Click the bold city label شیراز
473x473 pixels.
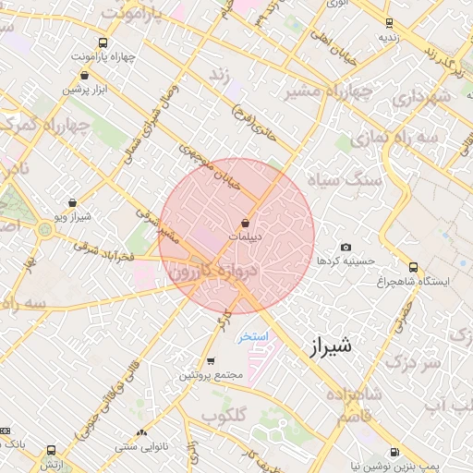click(328, 347)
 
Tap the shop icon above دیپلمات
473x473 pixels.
click(245, 222)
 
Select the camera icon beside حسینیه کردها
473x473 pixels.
click(346, 247)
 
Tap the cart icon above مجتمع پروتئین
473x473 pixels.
click(211, 361)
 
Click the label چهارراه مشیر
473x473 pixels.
click(328, 91)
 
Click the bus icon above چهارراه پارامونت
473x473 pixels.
click(102, 42)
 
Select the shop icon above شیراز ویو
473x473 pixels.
click(72, 202)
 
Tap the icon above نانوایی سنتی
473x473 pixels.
click(141, 432)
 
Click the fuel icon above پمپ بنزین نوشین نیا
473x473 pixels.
click(395, 453)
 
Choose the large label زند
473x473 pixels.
click(218, 74)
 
